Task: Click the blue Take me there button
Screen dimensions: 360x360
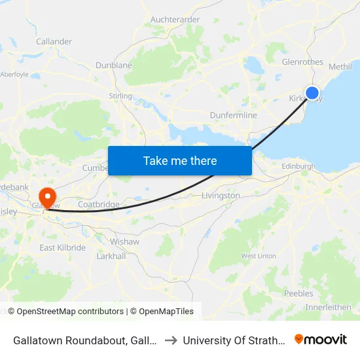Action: [x=180, y=160]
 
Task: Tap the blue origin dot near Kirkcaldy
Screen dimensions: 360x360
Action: [x=313, y=94]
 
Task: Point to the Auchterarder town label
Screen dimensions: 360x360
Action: [x=175, y=20]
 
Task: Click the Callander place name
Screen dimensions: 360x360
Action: [x=54, y=41]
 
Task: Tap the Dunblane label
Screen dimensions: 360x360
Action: [x=114, y=65]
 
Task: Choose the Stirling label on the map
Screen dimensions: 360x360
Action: [x=120, y=96]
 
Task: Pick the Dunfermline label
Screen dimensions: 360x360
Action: [x=233, y=115]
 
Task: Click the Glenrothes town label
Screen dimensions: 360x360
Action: [x=302, y=62]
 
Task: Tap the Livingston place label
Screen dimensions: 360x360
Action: [x=221, y=196]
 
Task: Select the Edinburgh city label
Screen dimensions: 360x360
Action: [x=298, y=167]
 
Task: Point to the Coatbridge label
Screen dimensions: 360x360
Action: [x=99, y=204]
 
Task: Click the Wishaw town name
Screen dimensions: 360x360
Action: [x=124, y=242]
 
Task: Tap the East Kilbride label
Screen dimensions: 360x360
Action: [x=62, y=247]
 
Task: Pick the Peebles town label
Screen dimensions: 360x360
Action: [x=299, y=293]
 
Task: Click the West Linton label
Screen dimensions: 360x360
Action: [x=259, y=256]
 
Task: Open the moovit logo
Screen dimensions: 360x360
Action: [x=321, y=339]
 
